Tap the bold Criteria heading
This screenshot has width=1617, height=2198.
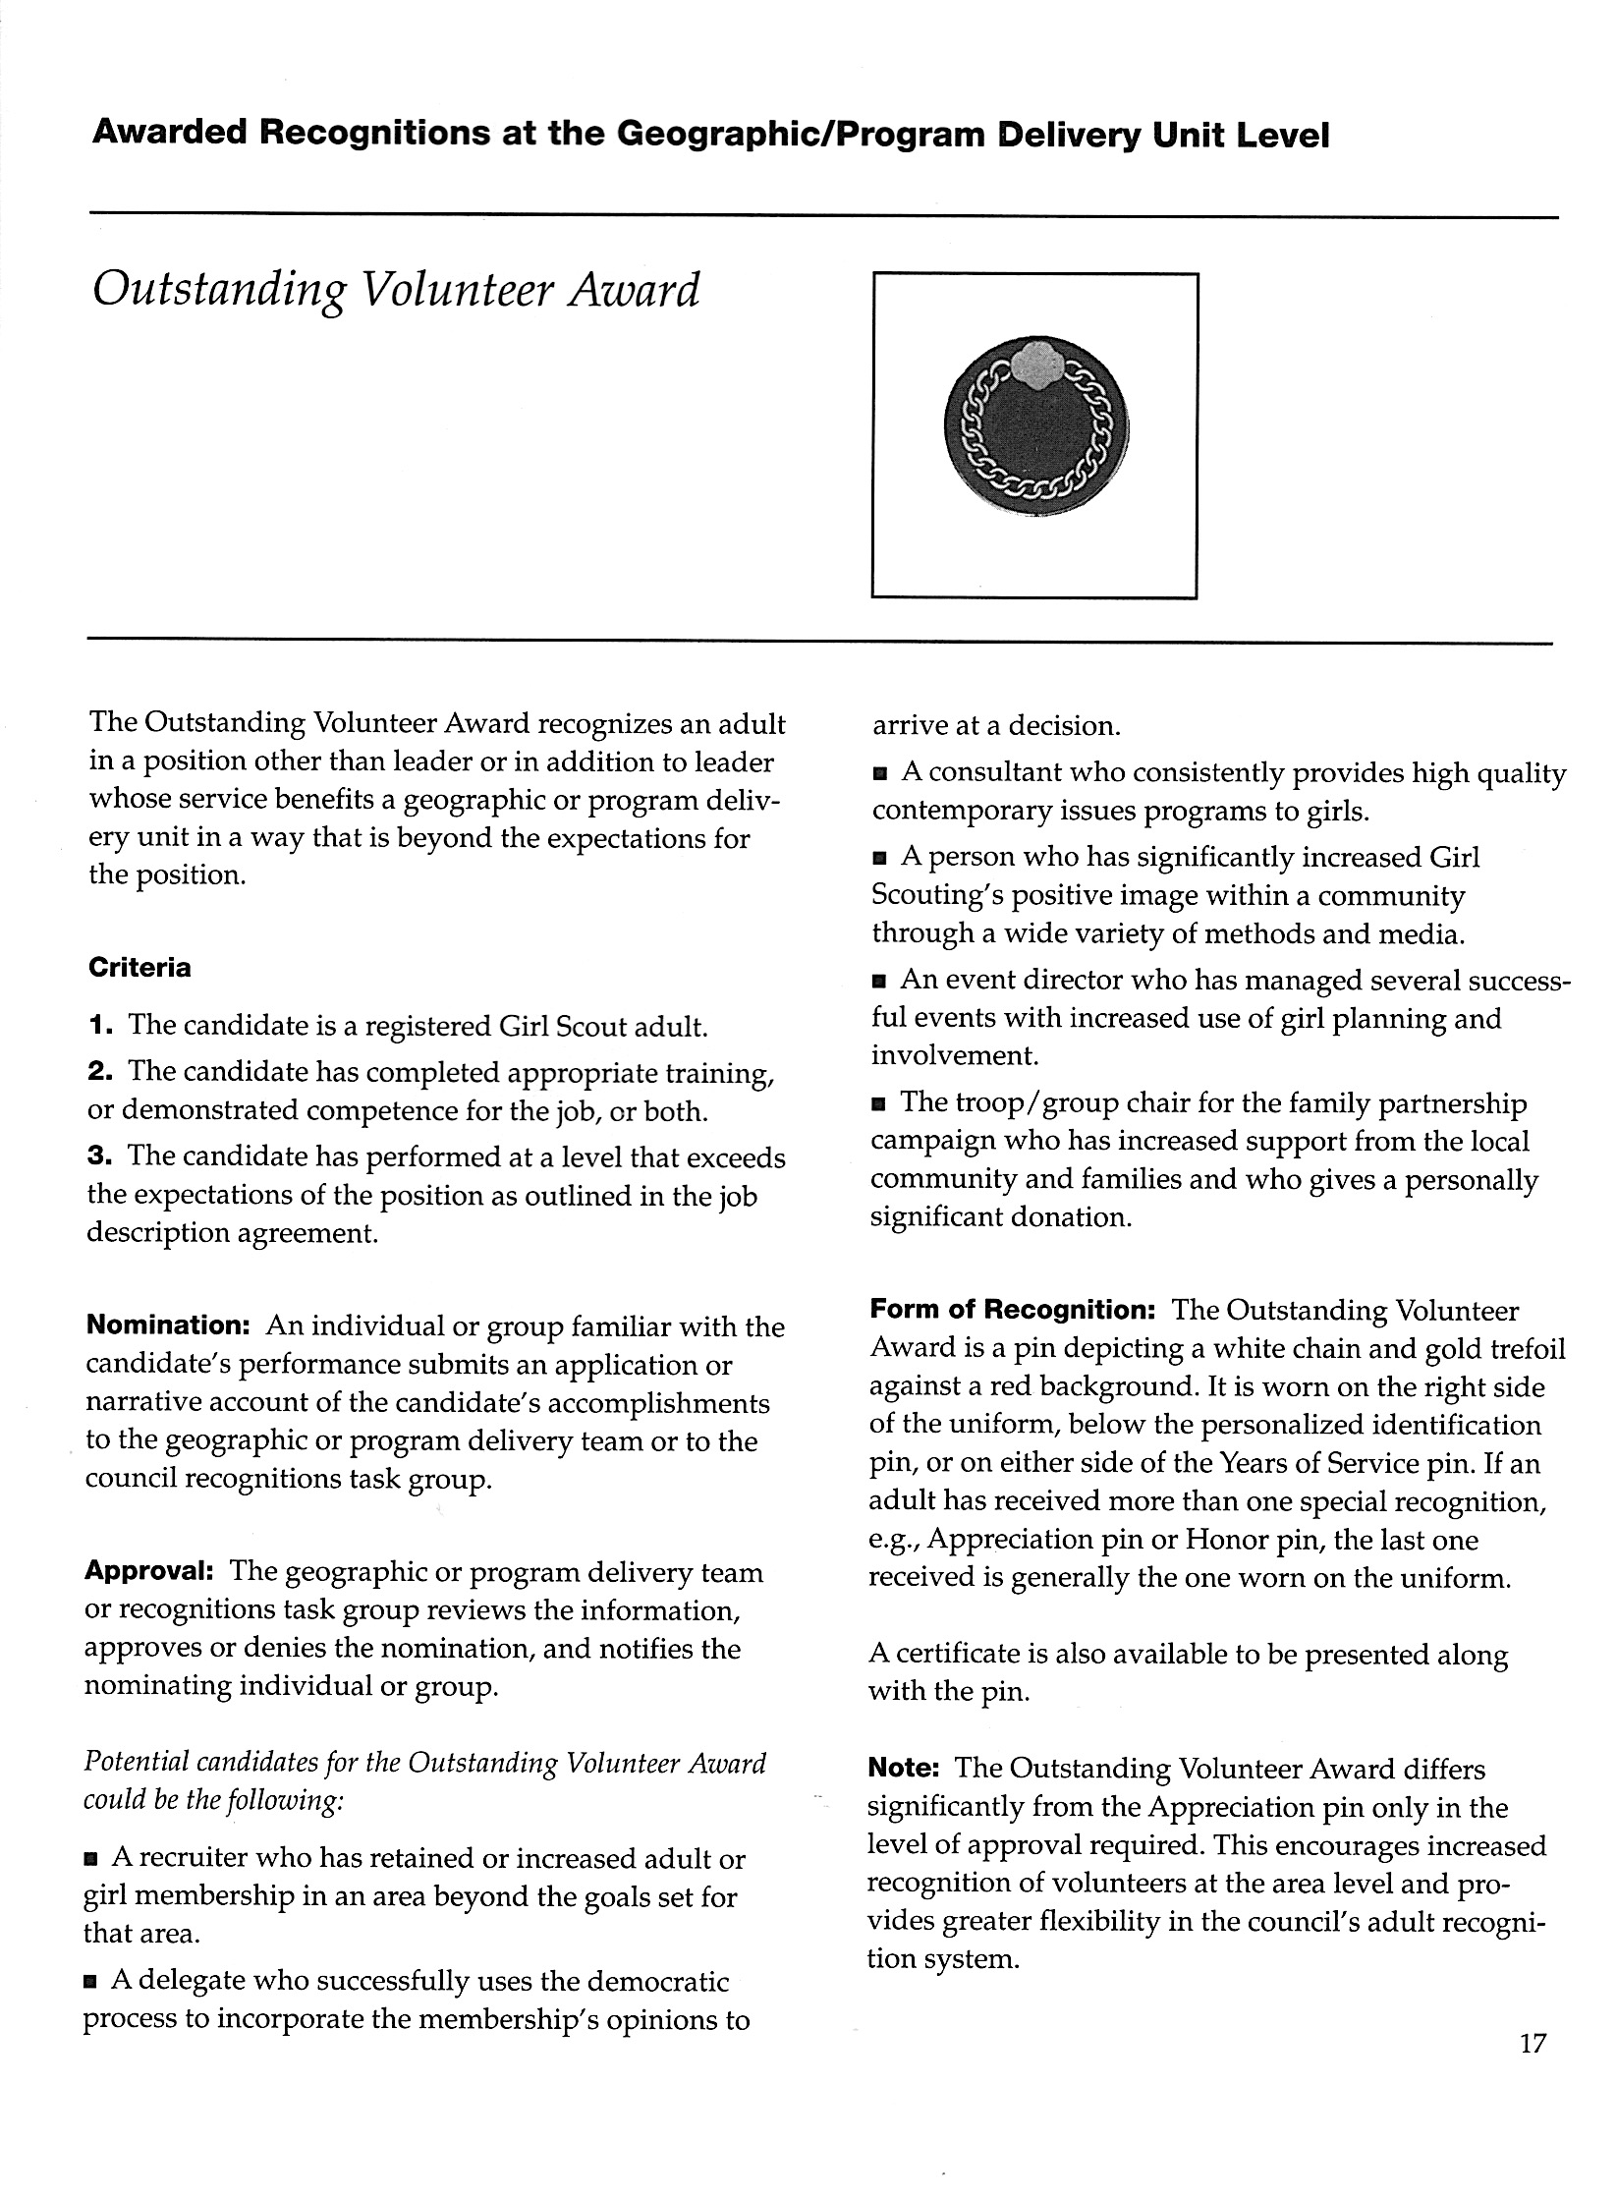click(139, 968)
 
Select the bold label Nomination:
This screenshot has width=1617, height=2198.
click(169, 1325)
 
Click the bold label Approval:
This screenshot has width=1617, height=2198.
click(149, 1571)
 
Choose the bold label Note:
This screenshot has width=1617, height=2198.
click(905, 1768)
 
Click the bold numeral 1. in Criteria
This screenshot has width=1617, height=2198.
click(99, 1026)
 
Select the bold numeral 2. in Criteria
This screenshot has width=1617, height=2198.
click(99, 1071)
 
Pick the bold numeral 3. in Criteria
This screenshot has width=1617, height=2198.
click(99, 1155)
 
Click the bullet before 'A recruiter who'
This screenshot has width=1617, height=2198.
click(92, 1860)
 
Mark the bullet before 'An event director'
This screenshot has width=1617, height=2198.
click(879, 981)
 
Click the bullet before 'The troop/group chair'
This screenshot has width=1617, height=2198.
click(879, 1104)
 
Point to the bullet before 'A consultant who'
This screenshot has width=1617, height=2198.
click(880, 775)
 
